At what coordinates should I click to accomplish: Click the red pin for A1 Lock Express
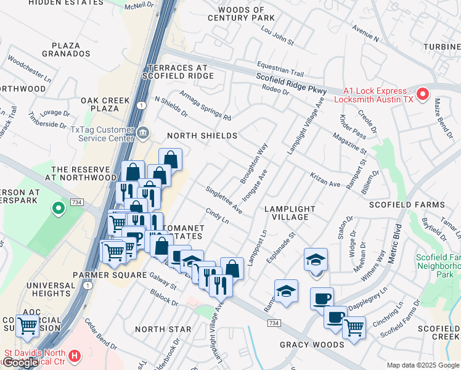click(423, 94)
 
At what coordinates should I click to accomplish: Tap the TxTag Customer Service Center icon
click(142, 131)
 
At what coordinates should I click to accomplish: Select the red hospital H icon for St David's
click(75, 356)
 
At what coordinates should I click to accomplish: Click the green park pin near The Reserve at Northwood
click(59, 208)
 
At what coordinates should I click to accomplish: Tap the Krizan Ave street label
click(325, 180)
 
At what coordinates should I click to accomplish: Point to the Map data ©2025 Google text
click(423, 365)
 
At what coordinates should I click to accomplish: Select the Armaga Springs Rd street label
click(205, 105)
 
